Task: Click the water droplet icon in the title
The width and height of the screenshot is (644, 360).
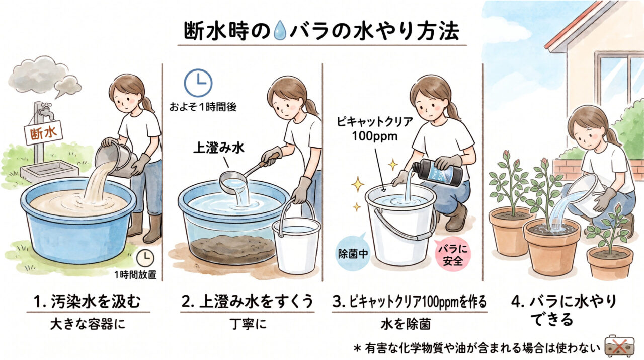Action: [280, 31]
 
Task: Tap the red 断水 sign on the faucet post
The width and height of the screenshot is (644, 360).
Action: [43, 132]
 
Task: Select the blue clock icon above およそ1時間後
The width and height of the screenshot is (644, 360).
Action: [198, 83]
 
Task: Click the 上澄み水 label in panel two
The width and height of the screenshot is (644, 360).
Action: [219, 148]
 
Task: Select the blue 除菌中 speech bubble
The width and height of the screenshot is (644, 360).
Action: [353, 253]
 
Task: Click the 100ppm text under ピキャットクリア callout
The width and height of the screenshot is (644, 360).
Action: [375, 136]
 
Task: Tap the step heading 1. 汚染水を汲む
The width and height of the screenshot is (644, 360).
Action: [88, 302]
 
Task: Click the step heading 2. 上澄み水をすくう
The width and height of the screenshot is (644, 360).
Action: [247, 301]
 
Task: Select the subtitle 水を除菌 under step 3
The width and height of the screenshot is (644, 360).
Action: [406, 325]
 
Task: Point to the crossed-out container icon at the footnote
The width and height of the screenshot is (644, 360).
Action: [619, 346]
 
